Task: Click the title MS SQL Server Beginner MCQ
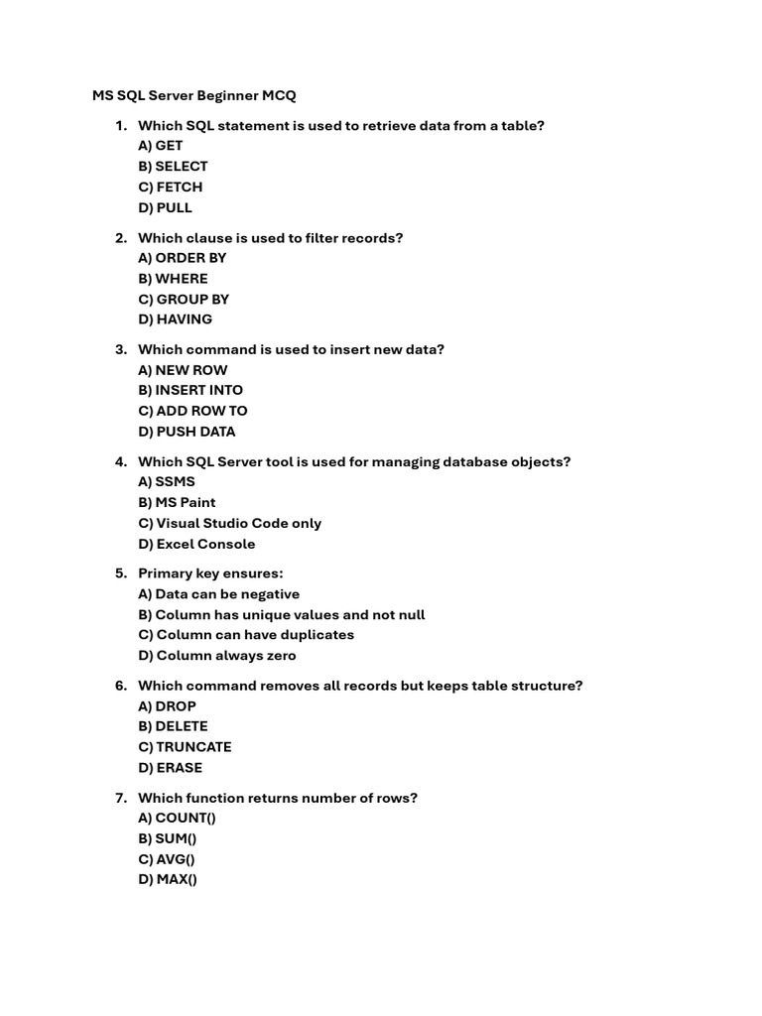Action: tap(194, 95)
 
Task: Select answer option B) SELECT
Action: tap(173, 167)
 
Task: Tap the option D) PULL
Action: tap(165, 208)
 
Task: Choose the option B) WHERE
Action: tap(173, 279)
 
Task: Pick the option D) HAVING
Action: tap(175, 319)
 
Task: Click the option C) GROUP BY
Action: tap(184, 300)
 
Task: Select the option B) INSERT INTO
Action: tap(190, 391)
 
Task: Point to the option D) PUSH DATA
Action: tap(187, 432)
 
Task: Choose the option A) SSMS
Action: tap(167, 482)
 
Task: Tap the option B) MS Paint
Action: tap(177, 503)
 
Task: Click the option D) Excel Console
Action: tap(196, 544)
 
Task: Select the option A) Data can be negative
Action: tap(218, 594)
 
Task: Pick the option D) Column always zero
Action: tap(217, 656)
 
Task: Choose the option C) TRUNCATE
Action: tap(185, 747)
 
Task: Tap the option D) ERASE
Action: tap(170, 768)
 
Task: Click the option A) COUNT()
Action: tap(177, 819)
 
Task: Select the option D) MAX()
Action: tap(168, 880)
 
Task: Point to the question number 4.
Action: tap(120, 462)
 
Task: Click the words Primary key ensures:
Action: tap(210, 573)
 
